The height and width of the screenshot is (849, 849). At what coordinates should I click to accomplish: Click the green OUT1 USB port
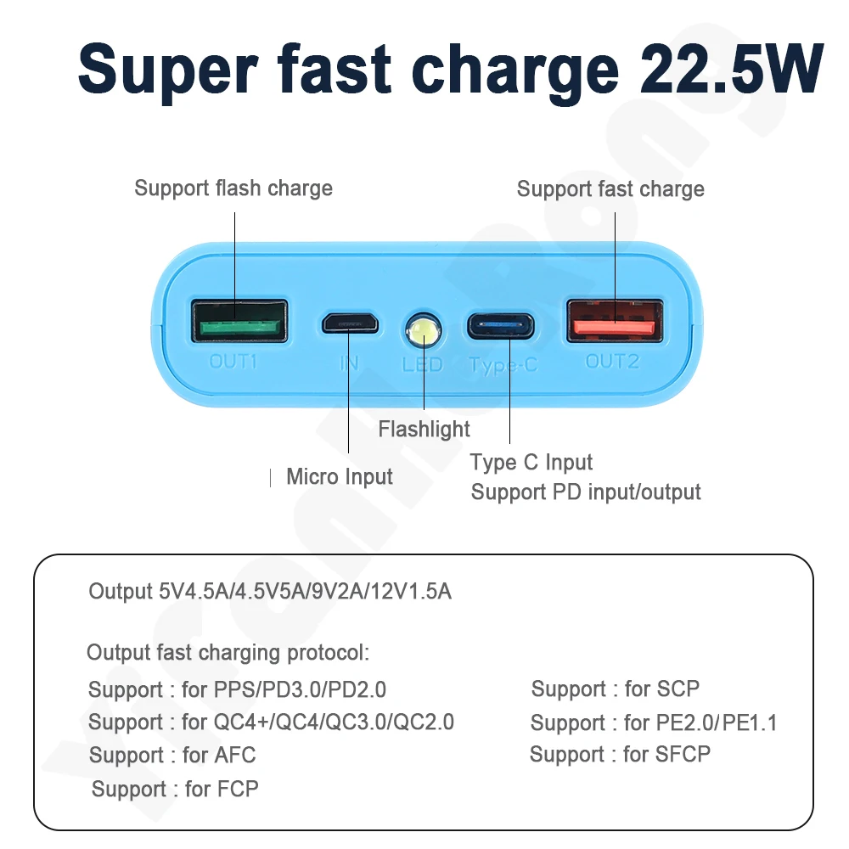[x=239, y=320]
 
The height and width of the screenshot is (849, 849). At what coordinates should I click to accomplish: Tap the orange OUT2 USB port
[x=614, y=320]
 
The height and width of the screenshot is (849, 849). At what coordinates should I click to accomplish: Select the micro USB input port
[x=349, y=323]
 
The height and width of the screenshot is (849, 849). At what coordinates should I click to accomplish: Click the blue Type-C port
[x=500, y=325]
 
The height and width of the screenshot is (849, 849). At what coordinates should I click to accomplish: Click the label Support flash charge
[x=233, y=188]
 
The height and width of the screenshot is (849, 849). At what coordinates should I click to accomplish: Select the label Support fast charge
[x=610, y=188]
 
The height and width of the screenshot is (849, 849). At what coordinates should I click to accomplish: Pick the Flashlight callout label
[x=424, y=429]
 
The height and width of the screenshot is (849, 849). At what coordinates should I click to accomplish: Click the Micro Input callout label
[x=340, y=476]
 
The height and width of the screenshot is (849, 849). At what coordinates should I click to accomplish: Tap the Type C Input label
[x=531, y=463]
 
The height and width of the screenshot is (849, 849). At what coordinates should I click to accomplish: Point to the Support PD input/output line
[x=586, y=492]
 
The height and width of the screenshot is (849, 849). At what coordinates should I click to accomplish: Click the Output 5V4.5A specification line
[x=270, y=591]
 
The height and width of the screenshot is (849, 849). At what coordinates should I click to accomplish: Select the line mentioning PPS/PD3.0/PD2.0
[x=237, y=689]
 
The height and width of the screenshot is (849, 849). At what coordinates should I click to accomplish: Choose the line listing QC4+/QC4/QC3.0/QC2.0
[x=271, y=722]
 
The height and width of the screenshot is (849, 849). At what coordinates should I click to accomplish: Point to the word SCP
[x=678, y=689]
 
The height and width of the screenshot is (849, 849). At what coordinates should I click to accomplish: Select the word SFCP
[x=683, y=754]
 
